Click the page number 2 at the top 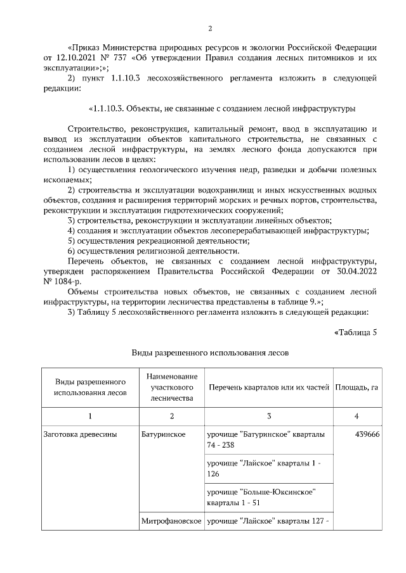click(x=209, y=28)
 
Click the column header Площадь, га click(x=357, y=387)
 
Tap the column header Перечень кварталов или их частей click(x=269, y=387)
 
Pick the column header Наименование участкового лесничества click(x=171, y=387)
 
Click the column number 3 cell click(x=269, y=416)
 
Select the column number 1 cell click(x=90, y=416)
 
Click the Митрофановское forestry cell click(x=171, y=520)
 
